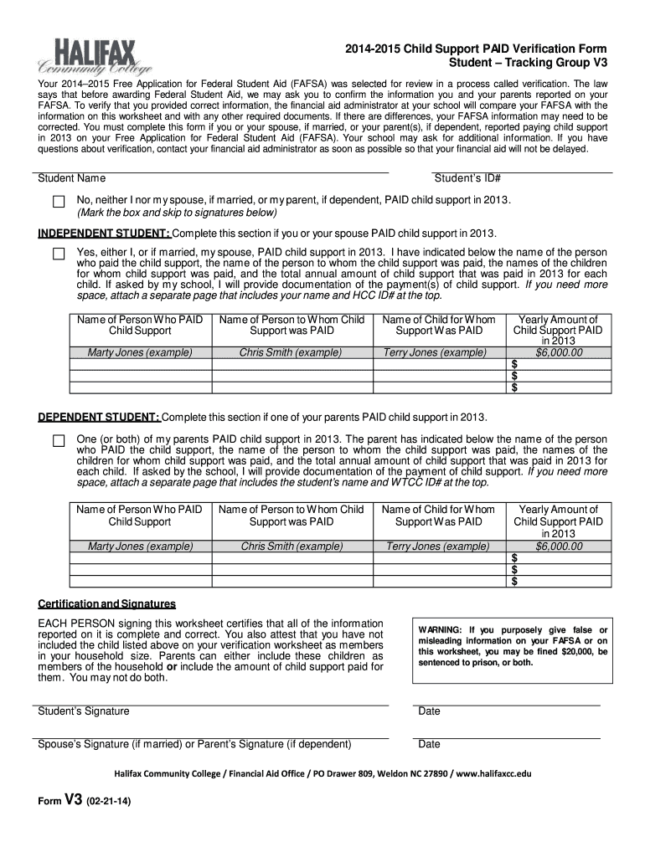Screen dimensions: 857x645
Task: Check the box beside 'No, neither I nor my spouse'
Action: (x=59, y=202)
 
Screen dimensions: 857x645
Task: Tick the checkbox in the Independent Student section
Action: (x=59, y=253)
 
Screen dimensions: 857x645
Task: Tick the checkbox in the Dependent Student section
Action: (x=59, y=440)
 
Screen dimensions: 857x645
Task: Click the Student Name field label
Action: (x=72, y=178)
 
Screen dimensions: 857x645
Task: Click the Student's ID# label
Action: (x=467, y=178)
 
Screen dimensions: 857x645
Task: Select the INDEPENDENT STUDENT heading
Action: (x=104, y=233)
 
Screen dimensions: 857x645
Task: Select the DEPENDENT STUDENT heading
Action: (x=99, y=418)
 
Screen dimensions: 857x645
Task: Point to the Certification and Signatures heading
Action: (x=107, y=604)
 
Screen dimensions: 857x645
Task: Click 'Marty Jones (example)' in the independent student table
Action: (x=140, y=353)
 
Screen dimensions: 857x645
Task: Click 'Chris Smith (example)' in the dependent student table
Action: (x=292, y=547)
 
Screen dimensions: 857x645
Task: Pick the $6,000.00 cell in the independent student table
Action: (x=558, y=353)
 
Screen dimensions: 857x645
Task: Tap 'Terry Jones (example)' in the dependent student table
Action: (x=435, y=547)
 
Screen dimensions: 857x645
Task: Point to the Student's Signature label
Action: (x=84, y=711)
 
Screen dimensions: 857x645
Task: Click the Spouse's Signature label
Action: (x=194, y=744)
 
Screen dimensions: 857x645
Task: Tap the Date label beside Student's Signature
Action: (x=429, y=711)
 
